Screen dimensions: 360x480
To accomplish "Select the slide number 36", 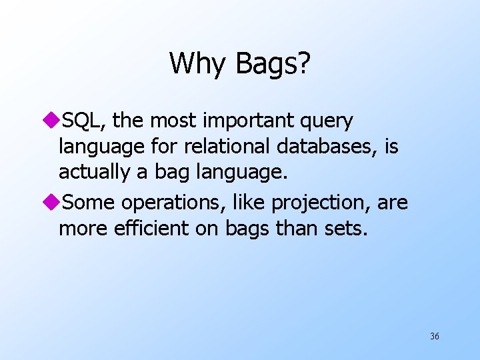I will click(x=434, y=336).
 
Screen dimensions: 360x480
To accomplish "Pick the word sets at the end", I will click(x=346, y=229).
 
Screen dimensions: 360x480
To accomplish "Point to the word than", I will click(x=296, y=229).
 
